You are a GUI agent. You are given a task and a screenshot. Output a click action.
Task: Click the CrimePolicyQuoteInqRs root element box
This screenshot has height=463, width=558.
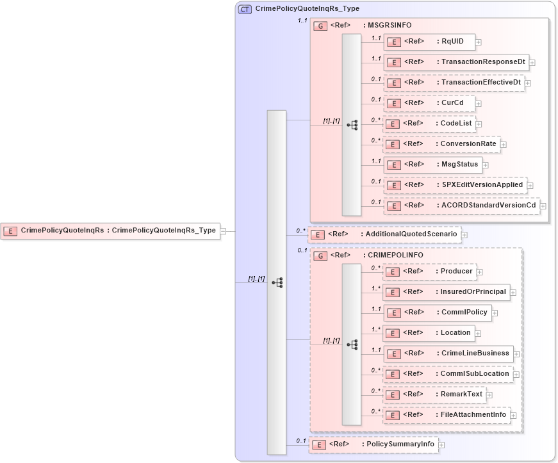pyautogui.click(x=110, y=231)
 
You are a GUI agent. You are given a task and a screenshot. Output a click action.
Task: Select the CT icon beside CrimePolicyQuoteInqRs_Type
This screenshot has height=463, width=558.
pyautogui.click(x=245, y=9)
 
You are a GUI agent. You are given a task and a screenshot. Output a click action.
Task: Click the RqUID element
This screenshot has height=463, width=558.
pyautogui.click(x=429, y=42)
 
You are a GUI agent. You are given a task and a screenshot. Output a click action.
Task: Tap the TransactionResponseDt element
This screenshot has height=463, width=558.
pyautogui.click(x=456, y=63)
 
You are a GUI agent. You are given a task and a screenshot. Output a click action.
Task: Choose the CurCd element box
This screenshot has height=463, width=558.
pyautogui.click(x=429, y=103)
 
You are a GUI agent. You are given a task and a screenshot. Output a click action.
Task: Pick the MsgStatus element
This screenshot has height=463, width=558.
pyautogui.click(x=432, y=165)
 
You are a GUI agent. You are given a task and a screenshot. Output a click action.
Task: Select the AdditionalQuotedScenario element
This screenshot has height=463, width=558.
pyautogui.click(x=384, y=234)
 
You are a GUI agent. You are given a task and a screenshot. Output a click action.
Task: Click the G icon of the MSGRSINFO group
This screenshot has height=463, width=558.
pyautogui.click(x=320, y=26)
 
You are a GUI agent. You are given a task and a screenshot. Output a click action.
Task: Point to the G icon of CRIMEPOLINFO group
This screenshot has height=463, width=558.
pyautogui.click(x=320, y=256)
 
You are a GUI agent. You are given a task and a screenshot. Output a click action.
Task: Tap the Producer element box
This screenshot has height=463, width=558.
pyautogui.click(x=429, y=272)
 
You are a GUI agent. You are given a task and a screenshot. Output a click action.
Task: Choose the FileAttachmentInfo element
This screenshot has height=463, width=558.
pyautogui.click(x=447, y=415)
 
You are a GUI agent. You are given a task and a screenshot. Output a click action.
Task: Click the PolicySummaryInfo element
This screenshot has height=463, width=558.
pyautogui.click(x=373, y=444)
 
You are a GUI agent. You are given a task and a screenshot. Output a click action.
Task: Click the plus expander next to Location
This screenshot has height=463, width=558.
pyautogui.click(x=478, y=334)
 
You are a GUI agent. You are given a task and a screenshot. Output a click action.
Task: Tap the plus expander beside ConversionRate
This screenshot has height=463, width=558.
pyautogui.click(x=504, y=145)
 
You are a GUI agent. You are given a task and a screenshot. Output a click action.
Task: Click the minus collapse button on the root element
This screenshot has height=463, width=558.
pyautogui.click(x=223, y=231)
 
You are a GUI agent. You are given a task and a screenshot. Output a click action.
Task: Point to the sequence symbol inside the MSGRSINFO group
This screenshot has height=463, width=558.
pyautogui.click(x=352, y=126)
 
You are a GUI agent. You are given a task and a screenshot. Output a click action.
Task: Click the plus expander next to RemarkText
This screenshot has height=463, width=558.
pyautogui.click(x=489, y=395)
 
